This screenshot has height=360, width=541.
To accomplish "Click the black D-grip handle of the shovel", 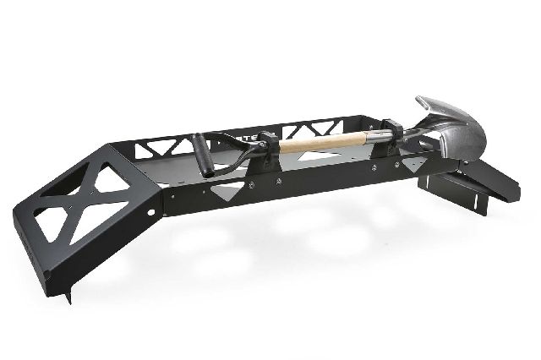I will (202, 152).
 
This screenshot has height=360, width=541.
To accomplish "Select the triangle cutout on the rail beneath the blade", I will (413, 162).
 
